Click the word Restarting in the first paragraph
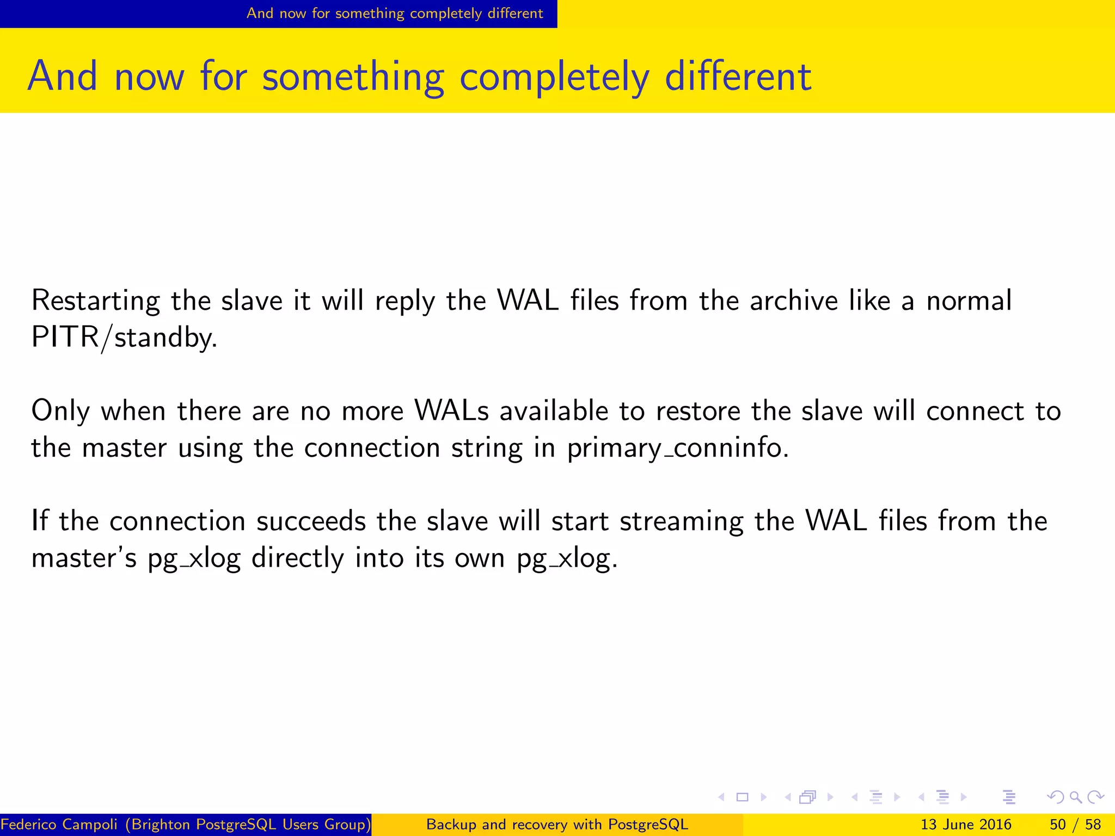tap(95, 301)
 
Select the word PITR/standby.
tap(124, 337)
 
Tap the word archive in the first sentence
tap(793, 301)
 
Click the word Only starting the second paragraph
tap(60, 411)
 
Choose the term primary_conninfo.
tap(677, 448)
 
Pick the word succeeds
tap(311, 521)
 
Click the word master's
tap(84, 558)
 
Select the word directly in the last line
tap(297, 558)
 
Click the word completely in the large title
tap(554, 77)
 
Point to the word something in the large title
tap(353, 77)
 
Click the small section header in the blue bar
tap(395, 13)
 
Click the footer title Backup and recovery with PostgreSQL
tap(557, 825)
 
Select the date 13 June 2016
tap(965, 825)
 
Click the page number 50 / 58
tap(1075, 825)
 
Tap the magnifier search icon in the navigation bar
tap(1075, 797)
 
